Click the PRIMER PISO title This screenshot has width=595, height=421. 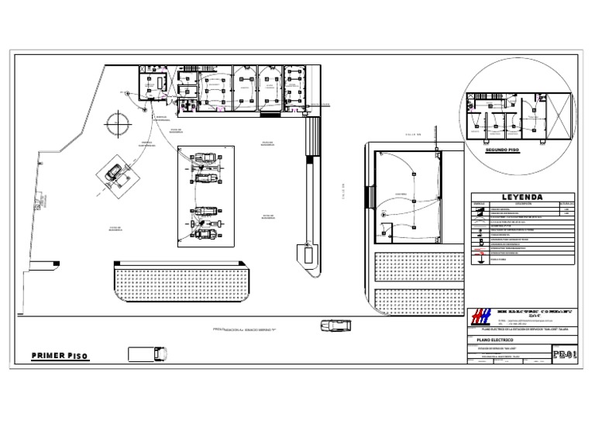tap(60, 356)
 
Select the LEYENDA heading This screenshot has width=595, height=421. tap(521, 197)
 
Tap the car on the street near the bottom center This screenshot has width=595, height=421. tap(332, 326)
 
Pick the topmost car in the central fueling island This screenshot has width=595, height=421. tap(205, 157)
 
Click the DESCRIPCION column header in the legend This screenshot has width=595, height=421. tap(519, 205)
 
